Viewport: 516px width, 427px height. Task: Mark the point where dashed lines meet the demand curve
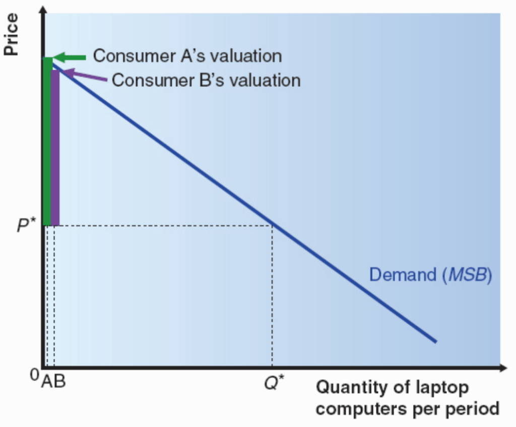[272, 225]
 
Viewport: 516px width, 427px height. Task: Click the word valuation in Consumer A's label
[246, 56]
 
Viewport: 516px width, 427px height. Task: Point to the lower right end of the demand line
[434, 341]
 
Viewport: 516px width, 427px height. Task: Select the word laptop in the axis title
[443, 388]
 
